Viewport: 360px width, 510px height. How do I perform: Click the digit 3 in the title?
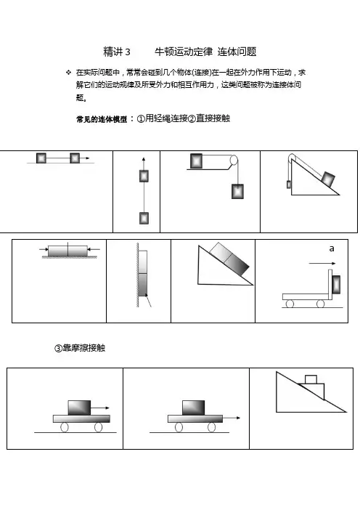point(127,52)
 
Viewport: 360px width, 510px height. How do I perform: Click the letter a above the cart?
point(332,248)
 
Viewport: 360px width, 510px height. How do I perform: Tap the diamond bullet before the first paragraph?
point(68,72)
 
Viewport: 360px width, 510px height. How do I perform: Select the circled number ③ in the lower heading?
point(58,348)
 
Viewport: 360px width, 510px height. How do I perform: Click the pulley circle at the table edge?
point(234,161)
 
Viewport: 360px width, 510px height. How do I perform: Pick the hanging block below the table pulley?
point(237,191)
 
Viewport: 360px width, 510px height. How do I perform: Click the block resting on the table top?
point(196,161)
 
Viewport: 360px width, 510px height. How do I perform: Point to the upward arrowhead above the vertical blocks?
point(144,159)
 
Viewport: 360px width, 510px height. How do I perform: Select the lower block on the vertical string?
point(144,218)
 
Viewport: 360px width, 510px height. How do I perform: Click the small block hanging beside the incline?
point(289,185)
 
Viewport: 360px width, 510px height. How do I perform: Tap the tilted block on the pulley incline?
point(328,179)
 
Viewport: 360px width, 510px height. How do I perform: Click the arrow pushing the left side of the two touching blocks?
point(44,249)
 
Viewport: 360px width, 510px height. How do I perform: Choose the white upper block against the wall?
point(143,262)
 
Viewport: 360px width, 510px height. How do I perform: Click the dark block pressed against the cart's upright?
point(336,285)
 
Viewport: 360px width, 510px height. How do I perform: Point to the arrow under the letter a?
point(322,264)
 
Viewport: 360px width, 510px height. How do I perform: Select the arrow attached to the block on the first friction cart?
point(99,408)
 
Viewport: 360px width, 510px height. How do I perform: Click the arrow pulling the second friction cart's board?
point(232,418)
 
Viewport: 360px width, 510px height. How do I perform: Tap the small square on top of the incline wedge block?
point(311,379)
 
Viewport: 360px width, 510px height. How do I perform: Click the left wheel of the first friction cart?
point(65,427)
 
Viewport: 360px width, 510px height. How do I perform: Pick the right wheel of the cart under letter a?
point(320,304)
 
